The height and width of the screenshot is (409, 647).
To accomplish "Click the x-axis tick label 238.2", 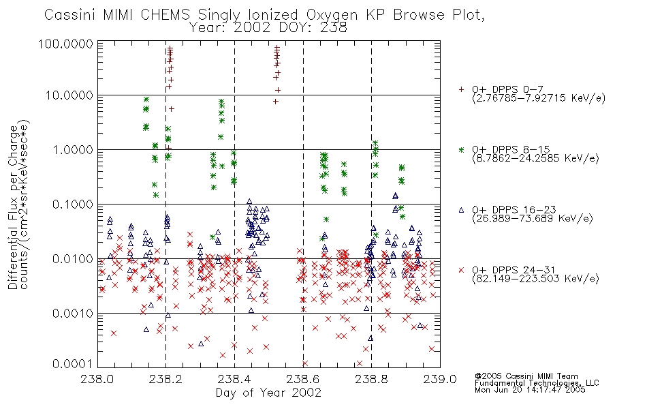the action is coord(166,379).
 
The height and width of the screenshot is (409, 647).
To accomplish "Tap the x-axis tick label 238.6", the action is coord(303,379).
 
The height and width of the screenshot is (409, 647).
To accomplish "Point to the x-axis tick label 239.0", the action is coord(440,379).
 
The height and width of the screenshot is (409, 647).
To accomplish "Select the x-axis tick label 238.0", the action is coord(97,379).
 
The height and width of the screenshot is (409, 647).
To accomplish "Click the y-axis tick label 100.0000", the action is coord(65,44).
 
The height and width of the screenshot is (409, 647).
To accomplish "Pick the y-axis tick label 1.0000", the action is coord(73,149).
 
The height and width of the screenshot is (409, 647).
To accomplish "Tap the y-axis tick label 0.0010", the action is coord(73,313).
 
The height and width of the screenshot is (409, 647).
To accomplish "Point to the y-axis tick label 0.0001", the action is coord(73,363).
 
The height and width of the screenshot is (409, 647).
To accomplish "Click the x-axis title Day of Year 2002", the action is coord(268,393).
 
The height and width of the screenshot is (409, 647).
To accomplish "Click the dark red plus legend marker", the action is coord(461,89).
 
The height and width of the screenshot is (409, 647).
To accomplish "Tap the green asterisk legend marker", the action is coord(461,149).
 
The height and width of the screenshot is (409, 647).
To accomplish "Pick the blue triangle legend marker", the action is coord(461,210).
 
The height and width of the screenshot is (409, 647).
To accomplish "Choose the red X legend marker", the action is coord(461,270).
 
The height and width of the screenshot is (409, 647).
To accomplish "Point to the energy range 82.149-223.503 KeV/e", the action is coord(535,279).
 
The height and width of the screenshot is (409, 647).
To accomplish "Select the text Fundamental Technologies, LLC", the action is coord(537,383).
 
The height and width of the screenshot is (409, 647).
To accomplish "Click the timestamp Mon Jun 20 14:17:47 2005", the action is coord(530,390).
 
